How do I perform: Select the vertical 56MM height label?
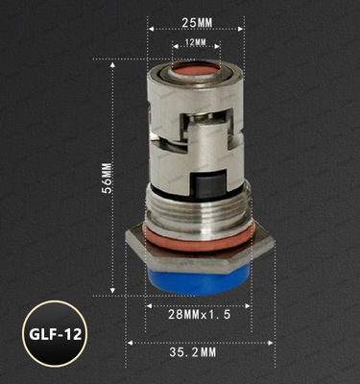tap(106, 179)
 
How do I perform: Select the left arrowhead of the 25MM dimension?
tap(151, 29)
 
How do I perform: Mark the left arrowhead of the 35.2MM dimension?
tap(130, 339)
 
